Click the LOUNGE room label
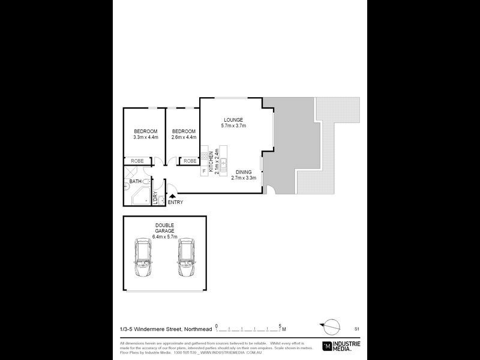point(233,119)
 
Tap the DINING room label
point(244,172)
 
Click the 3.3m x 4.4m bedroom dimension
point(145,137)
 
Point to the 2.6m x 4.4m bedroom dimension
point(184,137)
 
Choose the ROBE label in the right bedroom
point(190,161)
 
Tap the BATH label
point(135,181)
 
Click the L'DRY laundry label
point(156,198)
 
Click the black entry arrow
point(173,196)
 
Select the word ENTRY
point(176,202)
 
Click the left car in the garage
point(143,259)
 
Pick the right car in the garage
point(187,259)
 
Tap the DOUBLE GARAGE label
point(163,228)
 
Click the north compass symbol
point(328,326)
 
